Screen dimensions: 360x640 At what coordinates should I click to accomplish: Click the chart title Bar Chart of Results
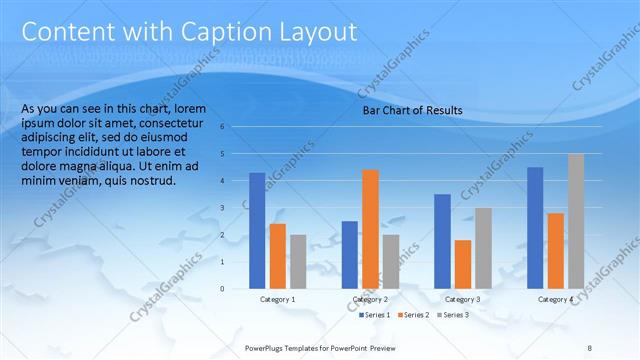[x=412, y=111]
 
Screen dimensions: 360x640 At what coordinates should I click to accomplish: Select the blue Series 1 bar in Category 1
[x=257, y=230]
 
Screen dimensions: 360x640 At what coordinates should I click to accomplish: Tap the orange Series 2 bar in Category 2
[x=370, y=228]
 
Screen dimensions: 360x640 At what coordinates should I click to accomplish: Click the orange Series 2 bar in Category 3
[x=463, y=264]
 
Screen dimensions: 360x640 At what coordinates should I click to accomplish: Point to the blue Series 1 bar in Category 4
[x=535, y=227]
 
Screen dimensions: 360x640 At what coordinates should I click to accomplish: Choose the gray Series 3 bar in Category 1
[x=298, y=261]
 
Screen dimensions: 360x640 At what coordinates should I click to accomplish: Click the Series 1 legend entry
[x=375, y=315]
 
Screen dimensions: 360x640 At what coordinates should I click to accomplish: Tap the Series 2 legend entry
[x=414, y=315]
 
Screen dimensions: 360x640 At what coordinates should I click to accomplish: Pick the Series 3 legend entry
[x=452, y=315]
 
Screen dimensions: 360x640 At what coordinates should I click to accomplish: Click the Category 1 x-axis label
[x=277, y=299]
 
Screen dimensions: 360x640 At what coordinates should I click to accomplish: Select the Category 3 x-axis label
[x=462, y=299]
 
